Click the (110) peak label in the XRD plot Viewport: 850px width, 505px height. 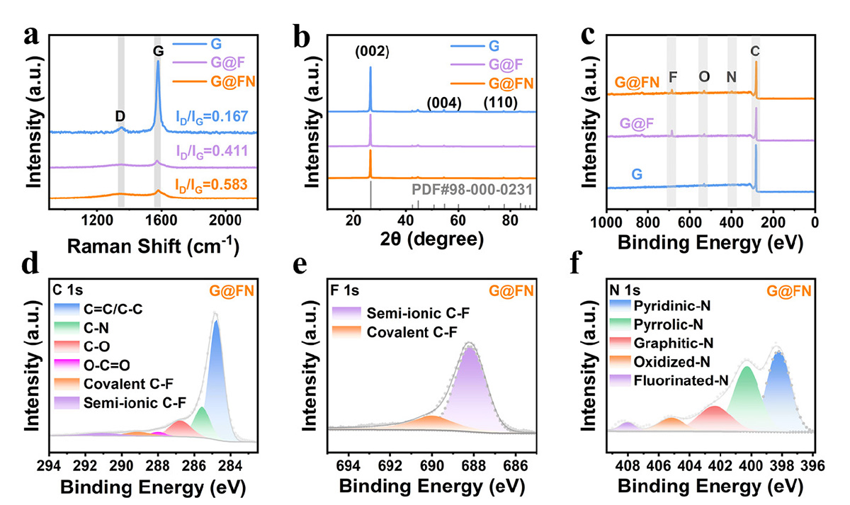point(500,103)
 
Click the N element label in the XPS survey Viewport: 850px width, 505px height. point(732,76)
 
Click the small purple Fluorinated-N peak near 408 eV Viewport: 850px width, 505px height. point(627,426)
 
